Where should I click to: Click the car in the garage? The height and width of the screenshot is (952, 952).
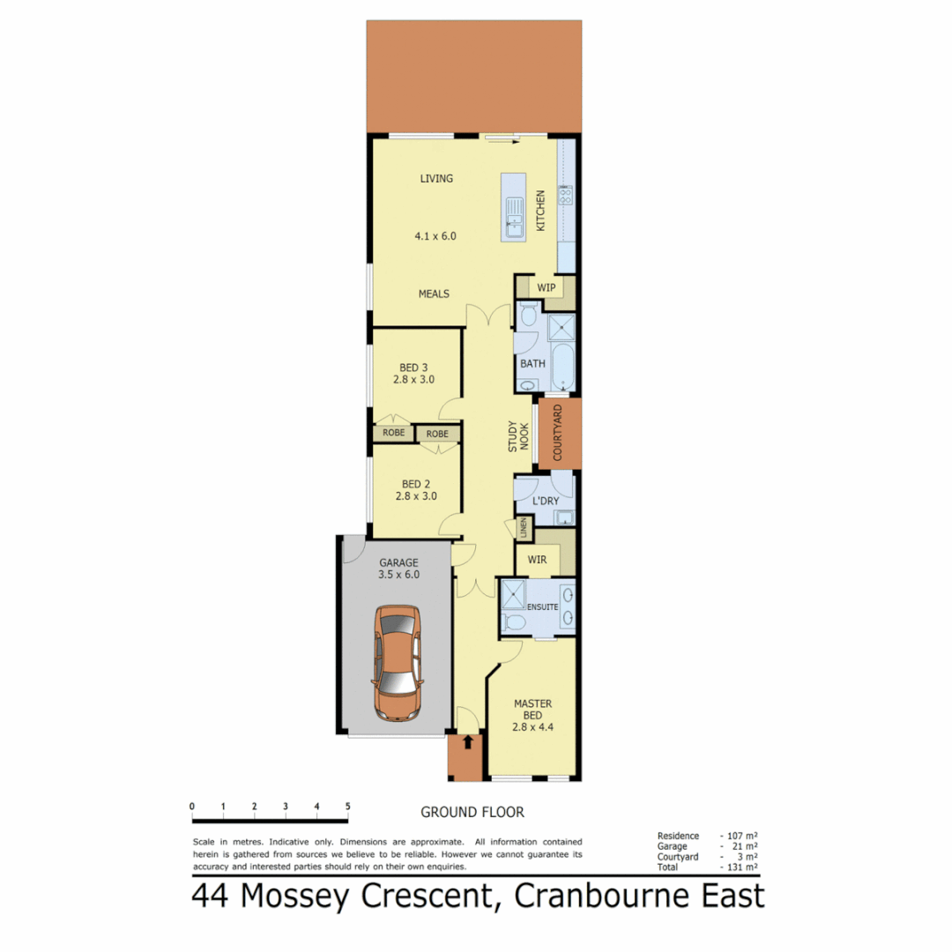(398, 662)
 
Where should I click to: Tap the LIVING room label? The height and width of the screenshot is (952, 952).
(436, 179)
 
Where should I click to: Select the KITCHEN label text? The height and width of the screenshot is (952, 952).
(540, 212)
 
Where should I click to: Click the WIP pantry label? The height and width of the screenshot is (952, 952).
(546, 287)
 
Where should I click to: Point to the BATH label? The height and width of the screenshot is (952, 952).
(532, 363)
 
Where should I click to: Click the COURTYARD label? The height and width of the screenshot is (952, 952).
(558, 433)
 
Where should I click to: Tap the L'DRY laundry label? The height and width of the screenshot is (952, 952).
(546, 501)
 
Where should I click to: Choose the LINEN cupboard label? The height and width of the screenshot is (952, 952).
(524, 528)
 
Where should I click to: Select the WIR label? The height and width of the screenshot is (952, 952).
(538, 559)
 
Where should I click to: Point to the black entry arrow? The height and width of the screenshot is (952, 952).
(467, 743)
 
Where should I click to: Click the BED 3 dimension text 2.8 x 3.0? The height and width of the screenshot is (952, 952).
(414, 380)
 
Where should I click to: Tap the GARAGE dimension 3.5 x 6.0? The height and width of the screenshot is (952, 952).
(398, 575)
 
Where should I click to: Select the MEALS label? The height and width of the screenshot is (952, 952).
(434, 294)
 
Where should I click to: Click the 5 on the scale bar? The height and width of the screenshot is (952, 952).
(347, 807)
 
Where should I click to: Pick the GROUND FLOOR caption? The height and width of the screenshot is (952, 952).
(472, 812)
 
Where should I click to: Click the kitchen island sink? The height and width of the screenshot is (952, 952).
(513, 215)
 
